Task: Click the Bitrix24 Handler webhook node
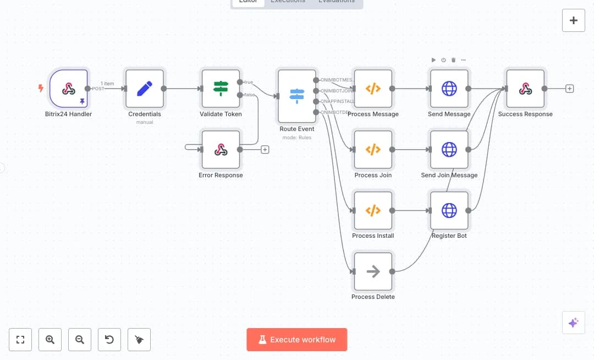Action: tap(68, 89)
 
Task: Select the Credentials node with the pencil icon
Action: tap(145, 89)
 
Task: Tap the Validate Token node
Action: tap(221, 89)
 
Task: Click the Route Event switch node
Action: tap(297, 96)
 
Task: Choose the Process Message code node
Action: tap(373, 89)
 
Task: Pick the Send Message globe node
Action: tap(449, 89)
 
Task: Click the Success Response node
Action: tap(525, 89)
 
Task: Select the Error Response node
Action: tap(221, 149)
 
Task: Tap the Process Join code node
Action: tap(373, 149)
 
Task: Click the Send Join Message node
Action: tap(449, 149)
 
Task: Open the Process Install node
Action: tap(373, 210)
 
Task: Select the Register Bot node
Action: tap(449, 210)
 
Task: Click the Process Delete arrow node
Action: tap(373, 271)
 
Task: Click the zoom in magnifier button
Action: tap(50, 340)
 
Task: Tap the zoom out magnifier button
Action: tap(80, 340)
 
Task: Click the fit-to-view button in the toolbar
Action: tap(20, 340)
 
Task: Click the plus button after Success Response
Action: tap(570, 89)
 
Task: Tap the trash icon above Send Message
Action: tap(453, 59)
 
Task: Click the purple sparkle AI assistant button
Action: tap(573, 323)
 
